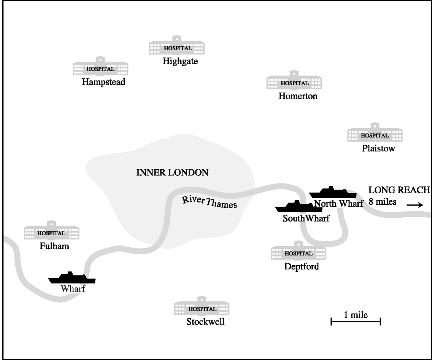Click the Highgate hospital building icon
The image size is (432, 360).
click(x=177, y=46)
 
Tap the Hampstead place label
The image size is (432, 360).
click(x=103, y=82)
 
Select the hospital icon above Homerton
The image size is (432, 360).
click(x=294, y=81)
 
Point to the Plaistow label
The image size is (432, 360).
click(x=378, y=148)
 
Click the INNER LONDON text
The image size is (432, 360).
click(x=172, y=172)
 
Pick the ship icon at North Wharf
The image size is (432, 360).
click(x=333, y=193)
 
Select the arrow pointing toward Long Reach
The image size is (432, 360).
click(x=415, y=205)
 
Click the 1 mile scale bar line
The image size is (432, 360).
click(x=356, y=322)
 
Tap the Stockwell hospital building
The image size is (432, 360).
click(x=202, y=307)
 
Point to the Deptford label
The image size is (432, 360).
click(x=302, y=266)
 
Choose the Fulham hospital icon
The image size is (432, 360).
click(x=51, y=231)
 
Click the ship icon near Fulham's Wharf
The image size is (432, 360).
click(x=72, y=278)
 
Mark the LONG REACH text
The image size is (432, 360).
click(x=399, y=190)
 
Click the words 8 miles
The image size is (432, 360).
click(x=382, y=202)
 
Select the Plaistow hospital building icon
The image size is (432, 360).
click(x=375, y=134)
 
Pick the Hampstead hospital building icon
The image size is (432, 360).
click(x=100, y=67)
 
